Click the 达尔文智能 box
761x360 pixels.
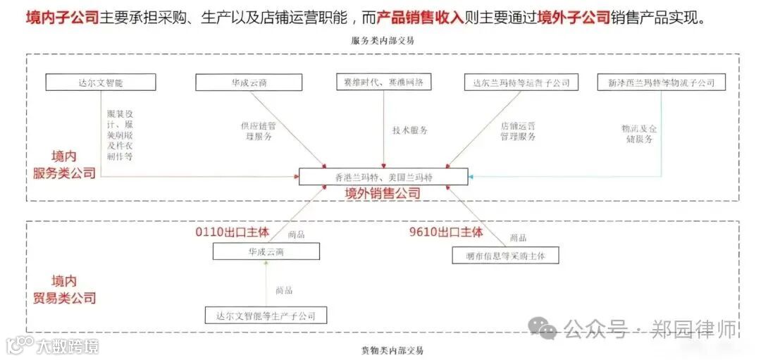(100, 82)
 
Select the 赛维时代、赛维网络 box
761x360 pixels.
(384, 82)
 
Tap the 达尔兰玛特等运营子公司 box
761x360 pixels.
(521, 82)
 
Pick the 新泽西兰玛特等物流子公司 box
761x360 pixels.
(661, 82)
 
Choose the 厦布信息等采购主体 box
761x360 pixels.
(505, 255)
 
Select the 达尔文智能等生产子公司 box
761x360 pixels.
(266, 316)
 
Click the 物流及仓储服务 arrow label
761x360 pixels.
(638, 134)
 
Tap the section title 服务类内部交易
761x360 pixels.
(383, 41)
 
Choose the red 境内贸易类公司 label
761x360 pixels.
(64, 290)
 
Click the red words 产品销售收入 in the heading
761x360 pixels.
(420, 18)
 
